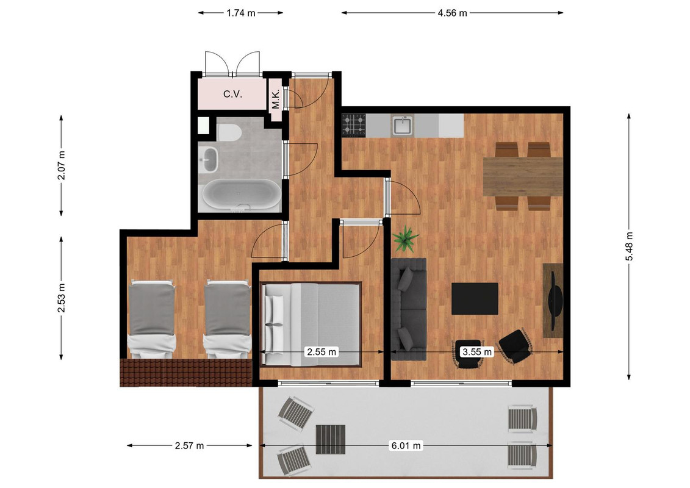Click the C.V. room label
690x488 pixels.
(x=232, y=94)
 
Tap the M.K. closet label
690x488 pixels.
(x=276, y=100)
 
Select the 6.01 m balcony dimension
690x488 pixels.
(x=406, y=446)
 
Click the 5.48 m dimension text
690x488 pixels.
(x=629, y=246)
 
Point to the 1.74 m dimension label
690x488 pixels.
(x=241, y=13)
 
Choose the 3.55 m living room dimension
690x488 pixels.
(x=476, y=351)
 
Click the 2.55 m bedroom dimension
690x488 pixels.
(x=322, y=351)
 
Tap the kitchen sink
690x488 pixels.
(x=403, y=126)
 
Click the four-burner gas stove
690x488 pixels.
(x=354, y=124)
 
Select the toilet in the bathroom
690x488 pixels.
(x=228, y=132)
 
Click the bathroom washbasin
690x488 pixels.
(x=209, y=159)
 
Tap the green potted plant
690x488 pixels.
(x=405, y=239)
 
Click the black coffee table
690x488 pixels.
(x=475, y=299)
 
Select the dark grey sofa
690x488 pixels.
(x=409, y=309)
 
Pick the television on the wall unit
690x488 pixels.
(x=556, y=301)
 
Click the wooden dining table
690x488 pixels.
(x=523, y=176)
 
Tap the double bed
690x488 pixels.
(x=311, y=325)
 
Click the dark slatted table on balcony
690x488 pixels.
(x=331, y=440)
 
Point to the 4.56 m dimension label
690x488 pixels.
(x=452, y=13)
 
